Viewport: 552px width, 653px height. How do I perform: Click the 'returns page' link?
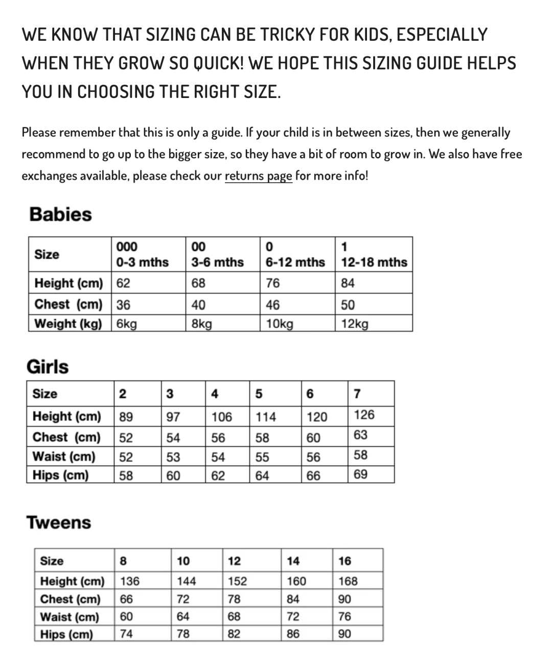[x=258, y=176]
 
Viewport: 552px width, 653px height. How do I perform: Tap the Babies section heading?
[x=61, y=214]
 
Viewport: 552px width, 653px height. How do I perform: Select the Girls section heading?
[x=48, y=367]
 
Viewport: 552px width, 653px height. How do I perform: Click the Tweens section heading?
[x=59, y=522]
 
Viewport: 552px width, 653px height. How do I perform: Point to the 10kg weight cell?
[x=280, y=324]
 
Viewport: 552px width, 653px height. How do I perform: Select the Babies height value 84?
[x=348, y=283]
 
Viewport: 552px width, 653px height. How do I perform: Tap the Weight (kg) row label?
[x=68, y=324]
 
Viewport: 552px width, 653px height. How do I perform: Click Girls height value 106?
[x=222, y=417]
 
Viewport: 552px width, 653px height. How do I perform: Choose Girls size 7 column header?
[x=357, y=394]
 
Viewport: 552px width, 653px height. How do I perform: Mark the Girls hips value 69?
[x=360, y=474]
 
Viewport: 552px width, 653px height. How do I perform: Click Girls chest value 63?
[x=360, y=435]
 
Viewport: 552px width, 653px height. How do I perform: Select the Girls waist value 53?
[x=173, y=457]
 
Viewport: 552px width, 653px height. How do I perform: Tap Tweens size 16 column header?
[x=345, y=561]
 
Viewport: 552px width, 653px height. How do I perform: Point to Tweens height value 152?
[x=237, y=581]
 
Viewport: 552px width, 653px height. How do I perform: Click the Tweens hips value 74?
[x=126, y=634]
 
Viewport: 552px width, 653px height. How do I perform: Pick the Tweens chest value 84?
[x=293, y=599]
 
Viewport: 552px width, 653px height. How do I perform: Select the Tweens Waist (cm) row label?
[x=70, y=617]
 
